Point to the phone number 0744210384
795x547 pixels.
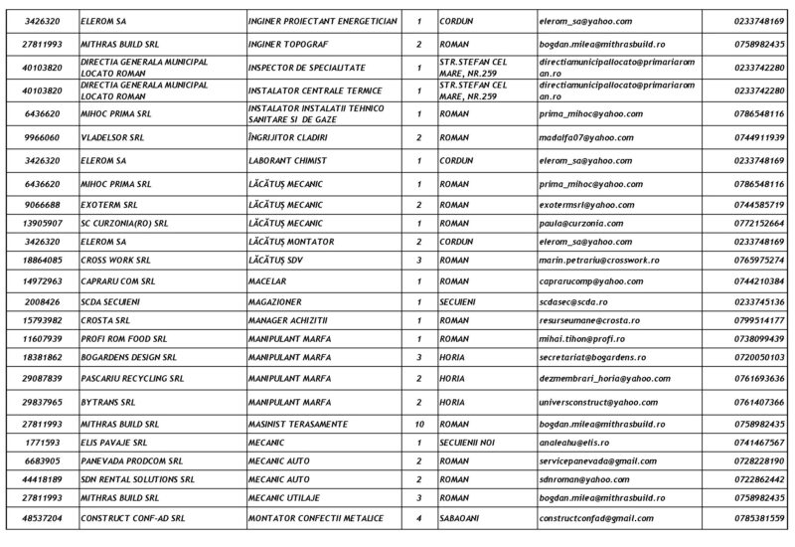(758, 281)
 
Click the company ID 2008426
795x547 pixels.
(46, 300)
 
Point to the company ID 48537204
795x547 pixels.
(46, 519)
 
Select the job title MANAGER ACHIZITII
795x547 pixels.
(296, 319)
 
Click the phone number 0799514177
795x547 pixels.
(758, 319)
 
